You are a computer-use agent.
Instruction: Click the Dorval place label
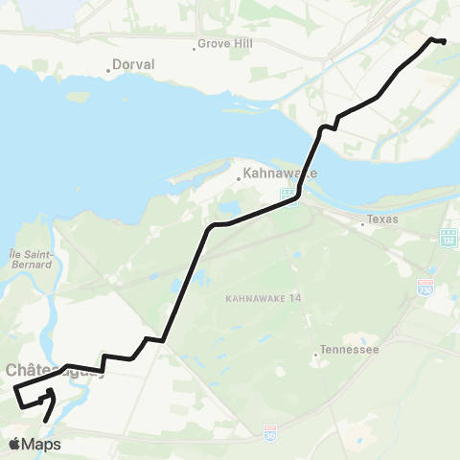tap(135, 65)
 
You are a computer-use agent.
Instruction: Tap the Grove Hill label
tap(225, 44)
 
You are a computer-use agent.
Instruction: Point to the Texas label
tap(384, 220)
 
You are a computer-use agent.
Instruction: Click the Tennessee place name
tap(350, 350)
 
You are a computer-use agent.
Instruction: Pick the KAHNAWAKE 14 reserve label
tap(264, 298)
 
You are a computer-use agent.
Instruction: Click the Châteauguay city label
tap(38, 370)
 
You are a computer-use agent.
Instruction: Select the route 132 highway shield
tap(448, 236)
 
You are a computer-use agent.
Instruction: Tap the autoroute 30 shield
tap(270, 434)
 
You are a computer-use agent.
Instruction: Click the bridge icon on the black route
tap(287, 195)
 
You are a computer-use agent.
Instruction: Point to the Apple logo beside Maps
tap(15, 444)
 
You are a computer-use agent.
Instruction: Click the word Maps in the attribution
tap(42, 444)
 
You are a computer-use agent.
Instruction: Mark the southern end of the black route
tap(45, 420)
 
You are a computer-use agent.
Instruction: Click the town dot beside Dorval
tap(108, 70)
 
